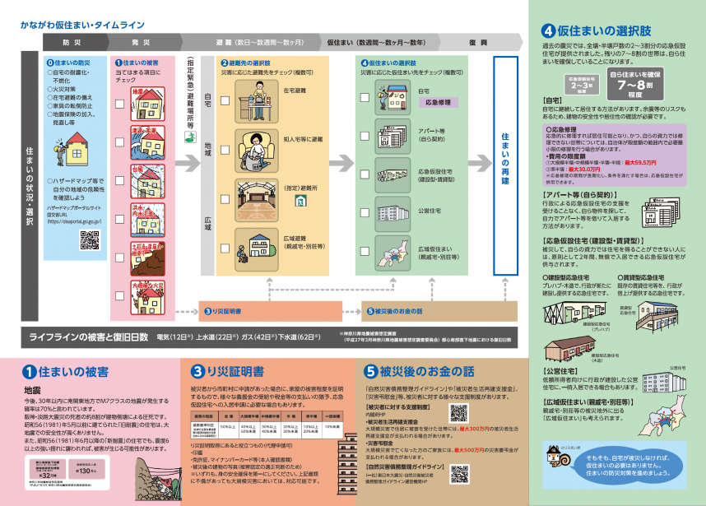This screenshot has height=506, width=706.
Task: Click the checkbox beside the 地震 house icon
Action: point(117,93)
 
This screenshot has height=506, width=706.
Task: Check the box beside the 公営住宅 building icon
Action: point(365,210)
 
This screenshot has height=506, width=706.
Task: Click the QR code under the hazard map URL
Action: point(89,239)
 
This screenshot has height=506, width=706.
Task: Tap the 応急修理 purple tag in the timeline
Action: point(439,104)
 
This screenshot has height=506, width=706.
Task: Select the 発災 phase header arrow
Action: point(141,40)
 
